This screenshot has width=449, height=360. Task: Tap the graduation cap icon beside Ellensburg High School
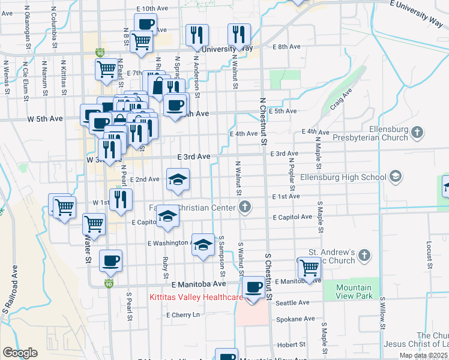pyautogui.click(x=396, y=176)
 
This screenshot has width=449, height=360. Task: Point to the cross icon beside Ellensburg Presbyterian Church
pyautogui.click(x=418, y=131)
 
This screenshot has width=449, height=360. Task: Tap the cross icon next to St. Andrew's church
pyautogui.click(x=364, y=256)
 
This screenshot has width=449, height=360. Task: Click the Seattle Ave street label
pyautogui.click(x=292, y=302)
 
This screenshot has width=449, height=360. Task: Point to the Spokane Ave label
pyautogui.click(x=295, y=319)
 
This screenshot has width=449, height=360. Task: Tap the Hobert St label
pyautogui.click(x=292, y=345)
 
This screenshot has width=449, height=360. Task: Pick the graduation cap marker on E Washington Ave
pyautogui.click(x=203, y=245)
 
